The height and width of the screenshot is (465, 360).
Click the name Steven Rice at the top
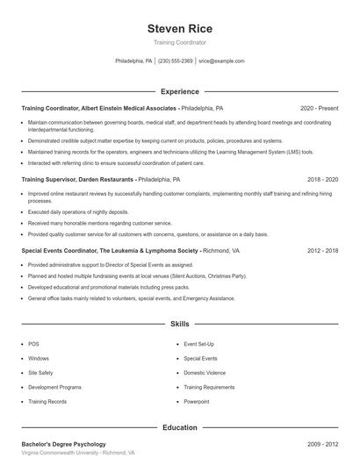click(x=179, y=29)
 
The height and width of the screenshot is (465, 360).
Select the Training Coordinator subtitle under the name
click(x=179, y=43)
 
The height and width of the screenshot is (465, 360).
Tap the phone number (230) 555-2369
click(x=176, y=61)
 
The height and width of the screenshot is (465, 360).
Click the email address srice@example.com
click(x=221, y=61)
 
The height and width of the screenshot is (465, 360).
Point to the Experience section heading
click(x=179, y=91)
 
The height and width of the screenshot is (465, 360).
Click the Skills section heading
click(x=179, y=324)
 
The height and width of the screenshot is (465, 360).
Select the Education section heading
click(x=179, y=427)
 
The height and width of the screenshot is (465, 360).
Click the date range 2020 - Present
click(x=319, y=108)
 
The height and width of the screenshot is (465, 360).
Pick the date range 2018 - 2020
click(x=322, y=179)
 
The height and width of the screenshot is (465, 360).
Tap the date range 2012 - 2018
click(x=322, y=251)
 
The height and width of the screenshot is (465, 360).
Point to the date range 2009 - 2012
click(x=322, y=444)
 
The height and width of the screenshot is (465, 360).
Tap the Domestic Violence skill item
click(x=205, y=373)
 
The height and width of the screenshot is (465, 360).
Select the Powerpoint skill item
click(x=198, y=401)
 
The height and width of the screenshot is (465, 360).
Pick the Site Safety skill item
click(x=40, y=373)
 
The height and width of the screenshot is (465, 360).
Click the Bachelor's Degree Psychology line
click(x=63, y=444)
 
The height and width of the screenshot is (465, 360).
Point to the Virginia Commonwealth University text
click(x=78, y=453)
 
